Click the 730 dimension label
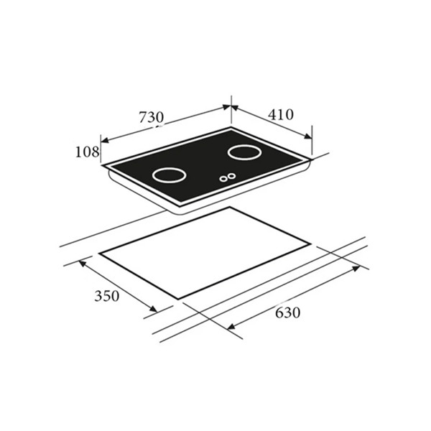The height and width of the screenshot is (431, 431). pos(151,117)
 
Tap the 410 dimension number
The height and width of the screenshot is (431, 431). pos(281,115)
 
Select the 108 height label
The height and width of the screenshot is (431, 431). pos(87,152)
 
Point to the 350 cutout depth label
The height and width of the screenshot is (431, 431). pos(106,296)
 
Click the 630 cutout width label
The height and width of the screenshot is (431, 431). pos(287,312)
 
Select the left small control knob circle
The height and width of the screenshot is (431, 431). pos(223,179)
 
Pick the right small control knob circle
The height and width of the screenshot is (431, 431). pos(232,175)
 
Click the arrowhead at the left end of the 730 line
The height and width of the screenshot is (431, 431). pos(105,140)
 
